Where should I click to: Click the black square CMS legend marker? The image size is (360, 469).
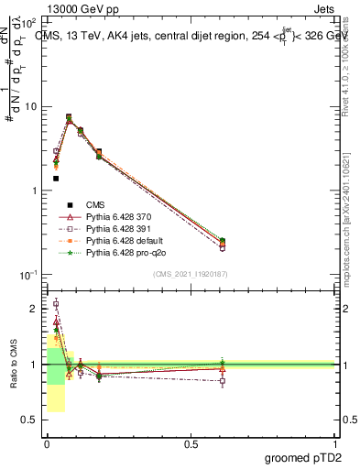[x=68, y=204]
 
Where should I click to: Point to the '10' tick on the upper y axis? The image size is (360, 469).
[x=29, y=107]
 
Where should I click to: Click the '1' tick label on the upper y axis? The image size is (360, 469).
[x=33, y=191]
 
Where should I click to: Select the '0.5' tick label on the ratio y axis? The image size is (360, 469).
[x=29, y=420]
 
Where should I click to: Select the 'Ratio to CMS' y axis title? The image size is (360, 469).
[x=12, y=365]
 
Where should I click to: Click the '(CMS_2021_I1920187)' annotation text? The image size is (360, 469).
[x=190, y=273]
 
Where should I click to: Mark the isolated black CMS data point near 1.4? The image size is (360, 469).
[x=56, y=179]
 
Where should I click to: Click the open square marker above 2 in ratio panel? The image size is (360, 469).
[x=56, y=303]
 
